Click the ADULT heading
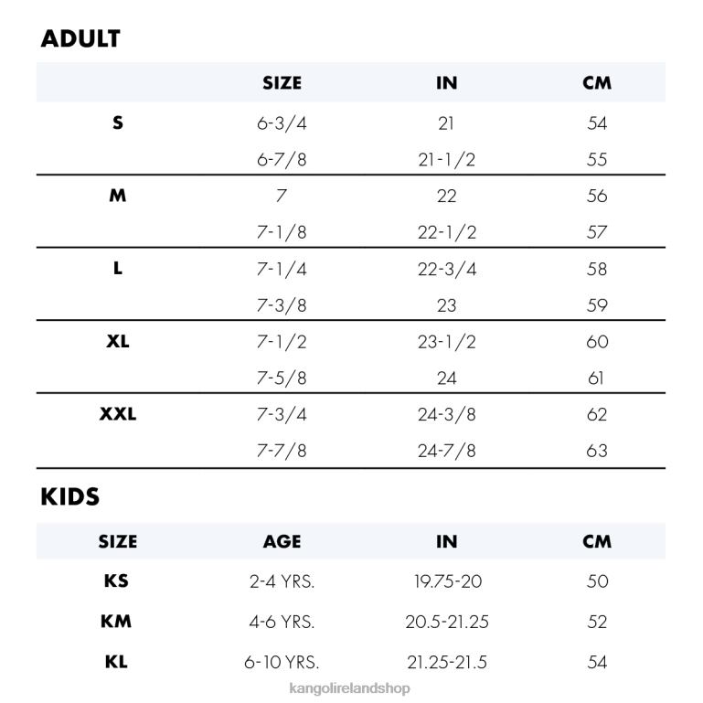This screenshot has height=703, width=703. pos(80,39)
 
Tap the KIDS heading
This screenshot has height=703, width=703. pos(70,497)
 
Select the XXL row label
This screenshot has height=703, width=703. pos(118,414)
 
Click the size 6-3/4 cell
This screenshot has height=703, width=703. pos(282,123)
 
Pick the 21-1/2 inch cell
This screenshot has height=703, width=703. pos(447,160)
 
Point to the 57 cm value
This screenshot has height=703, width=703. pos(597,232)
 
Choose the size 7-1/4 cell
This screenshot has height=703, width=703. pos(282,269)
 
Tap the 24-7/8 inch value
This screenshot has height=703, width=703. pos(447,451)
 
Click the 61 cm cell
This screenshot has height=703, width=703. pos(597,378)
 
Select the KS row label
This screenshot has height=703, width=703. pos(117,581)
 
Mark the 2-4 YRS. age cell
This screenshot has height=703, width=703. pos(282,581)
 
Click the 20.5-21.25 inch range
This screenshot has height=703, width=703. pos(447,622)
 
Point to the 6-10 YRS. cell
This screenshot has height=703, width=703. pos(282,662)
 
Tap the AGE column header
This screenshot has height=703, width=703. pos(282,541)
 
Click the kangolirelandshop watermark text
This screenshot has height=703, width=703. pos(349,688)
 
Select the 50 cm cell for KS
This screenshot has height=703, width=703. pos(597,581)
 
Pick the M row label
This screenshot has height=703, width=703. pos(118,196)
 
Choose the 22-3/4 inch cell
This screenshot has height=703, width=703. pos(447,269)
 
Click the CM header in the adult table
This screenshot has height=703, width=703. pos(597,83)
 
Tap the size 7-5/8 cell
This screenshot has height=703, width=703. pos(282,378)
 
